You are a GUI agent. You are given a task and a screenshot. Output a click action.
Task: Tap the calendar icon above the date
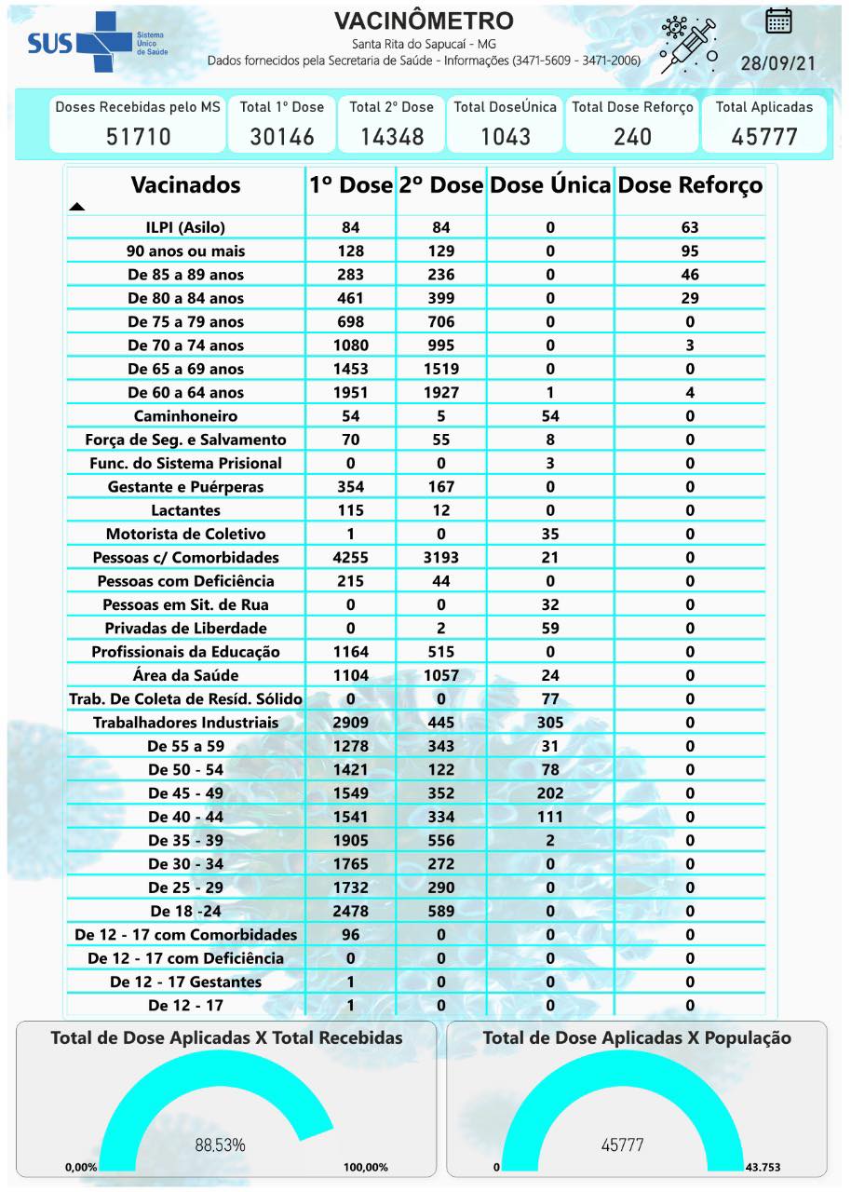(778, 20)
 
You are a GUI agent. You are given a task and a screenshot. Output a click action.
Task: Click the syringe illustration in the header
(689, 44)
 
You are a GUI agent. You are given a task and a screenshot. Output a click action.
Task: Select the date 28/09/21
(777, 64)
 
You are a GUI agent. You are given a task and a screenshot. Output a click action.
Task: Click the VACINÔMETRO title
(423, 20)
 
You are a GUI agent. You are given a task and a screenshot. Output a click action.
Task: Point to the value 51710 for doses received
(138, 137)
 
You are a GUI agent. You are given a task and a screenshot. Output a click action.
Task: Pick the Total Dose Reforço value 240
(632, 137)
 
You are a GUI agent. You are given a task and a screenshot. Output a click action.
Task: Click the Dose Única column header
(550, 184)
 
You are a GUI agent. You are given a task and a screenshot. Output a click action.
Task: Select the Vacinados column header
(185, 184)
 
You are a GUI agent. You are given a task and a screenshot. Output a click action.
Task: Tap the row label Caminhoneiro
(185, 415)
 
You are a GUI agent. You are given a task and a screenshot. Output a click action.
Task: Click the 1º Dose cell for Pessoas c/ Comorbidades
(351, 557)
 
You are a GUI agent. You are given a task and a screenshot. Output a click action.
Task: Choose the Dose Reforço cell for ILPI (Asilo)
(690, 227)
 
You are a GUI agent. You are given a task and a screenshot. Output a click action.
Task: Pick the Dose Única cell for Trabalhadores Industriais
(550, 722)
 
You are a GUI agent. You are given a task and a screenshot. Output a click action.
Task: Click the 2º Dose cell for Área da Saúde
(441, 675)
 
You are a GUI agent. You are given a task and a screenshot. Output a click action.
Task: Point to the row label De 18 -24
(185, 911)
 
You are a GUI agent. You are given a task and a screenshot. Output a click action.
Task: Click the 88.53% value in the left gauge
(220, 1145)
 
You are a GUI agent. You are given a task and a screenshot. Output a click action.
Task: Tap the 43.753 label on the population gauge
(768, 1167)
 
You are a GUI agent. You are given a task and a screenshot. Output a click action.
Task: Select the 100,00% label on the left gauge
(365, 1167)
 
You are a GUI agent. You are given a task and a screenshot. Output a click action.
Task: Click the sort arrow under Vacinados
(77, 207)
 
